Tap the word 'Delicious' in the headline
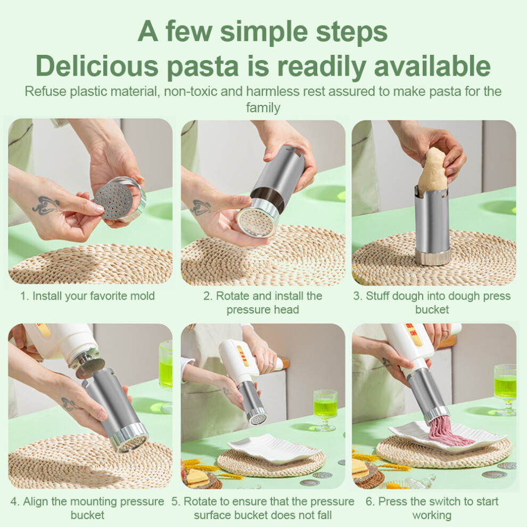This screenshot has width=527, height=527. pos(97,66)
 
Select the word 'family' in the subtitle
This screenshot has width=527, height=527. pos(263,108)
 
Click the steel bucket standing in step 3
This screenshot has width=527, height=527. pos(433,225)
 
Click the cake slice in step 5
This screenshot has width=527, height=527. pos(198,478)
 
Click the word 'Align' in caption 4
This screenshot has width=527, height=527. pos(36,501)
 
